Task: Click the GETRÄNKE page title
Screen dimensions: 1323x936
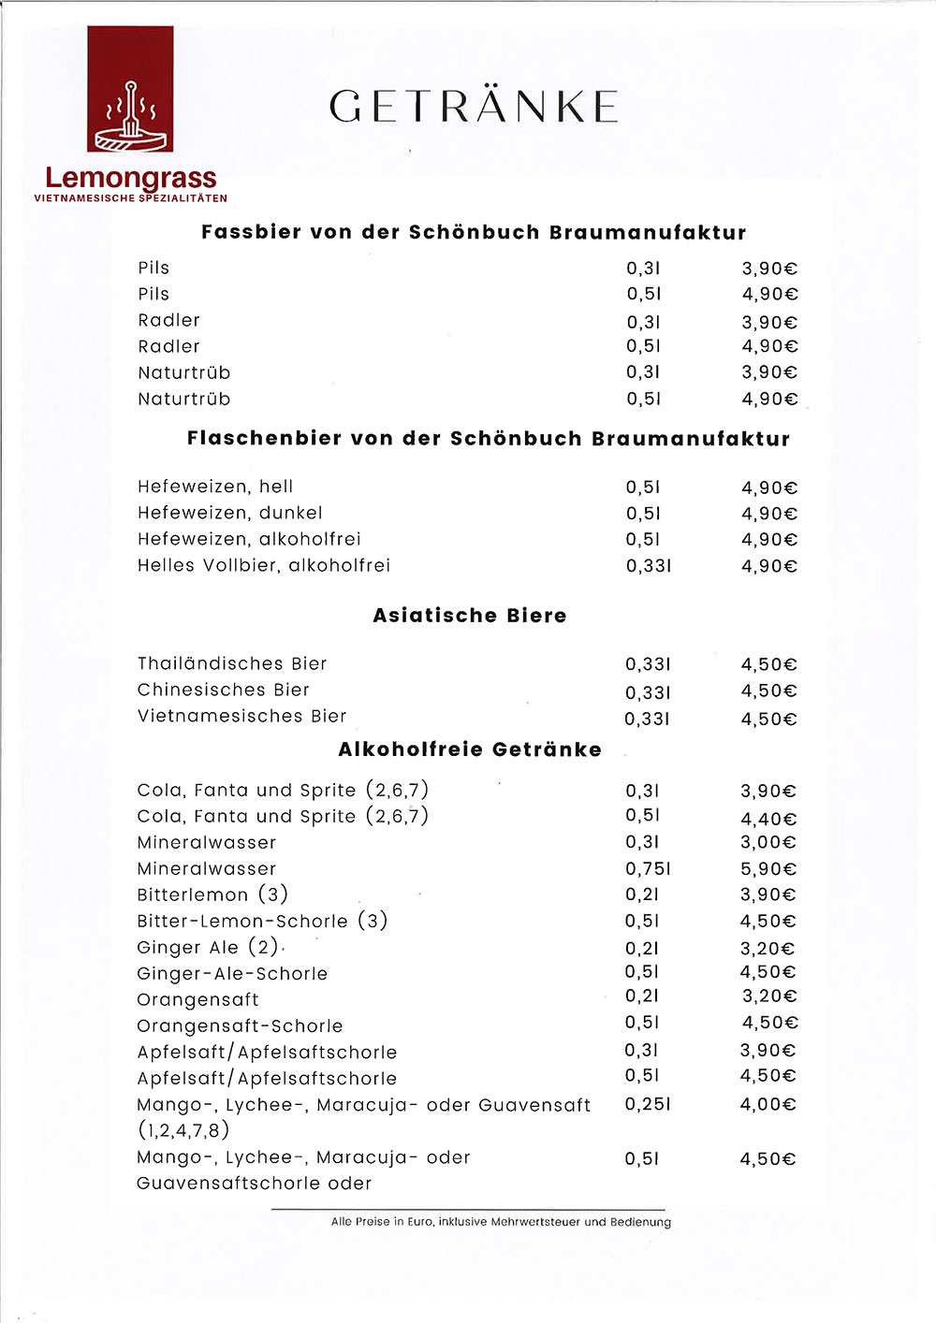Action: [x=474, y=107]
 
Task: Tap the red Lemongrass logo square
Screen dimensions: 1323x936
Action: [x=130, y=89]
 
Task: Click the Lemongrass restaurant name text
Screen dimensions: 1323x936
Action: [x=130, y=177]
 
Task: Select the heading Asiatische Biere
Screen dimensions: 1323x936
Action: [x=470, y=616]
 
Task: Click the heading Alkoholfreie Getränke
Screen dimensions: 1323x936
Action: [x=470, y=749]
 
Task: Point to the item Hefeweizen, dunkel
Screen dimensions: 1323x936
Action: [x=230, y=513]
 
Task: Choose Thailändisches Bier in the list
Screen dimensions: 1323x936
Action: [x=232, y=663]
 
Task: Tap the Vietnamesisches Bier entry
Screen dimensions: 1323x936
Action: [x=241, y=716]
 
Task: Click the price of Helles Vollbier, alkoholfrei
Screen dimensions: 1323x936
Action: [x=768, y=566]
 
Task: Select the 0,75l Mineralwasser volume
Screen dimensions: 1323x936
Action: [x=648, y=869]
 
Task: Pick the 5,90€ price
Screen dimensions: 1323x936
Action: [x=768, y=869]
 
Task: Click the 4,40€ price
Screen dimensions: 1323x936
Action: [x=768, y=819]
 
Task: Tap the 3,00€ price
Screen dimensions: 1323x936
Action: [x=768, y=843]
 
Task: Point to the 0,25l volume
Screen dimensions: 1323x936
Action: [x=648, y=1104]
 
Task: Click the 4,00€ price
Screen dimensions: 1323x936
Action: [x=768, y=1104]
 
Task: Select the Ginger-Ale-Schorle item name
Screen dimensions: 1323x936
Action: [x=232, y=974]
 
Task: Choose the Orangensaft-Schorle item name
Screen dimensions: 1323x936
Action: [x=240, y=1026]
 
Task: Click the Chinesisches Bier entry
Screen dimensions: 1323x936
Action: [x=223, y=690]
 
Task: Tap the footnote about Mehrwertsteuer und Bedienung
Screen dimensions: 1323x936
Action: [x=501, y=1222]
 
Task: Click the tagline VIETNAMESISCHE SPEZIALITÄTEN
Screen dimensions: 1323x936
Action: [x=130, y=198]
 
